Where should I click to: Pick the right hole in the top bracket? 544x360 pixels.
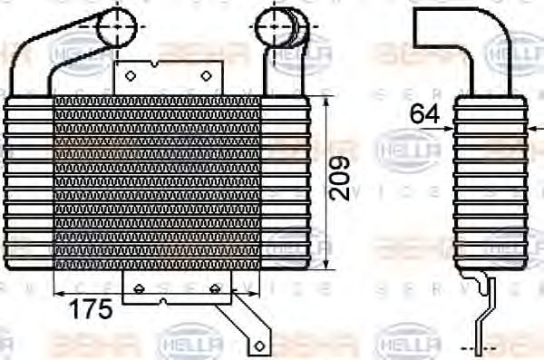coord(207,76)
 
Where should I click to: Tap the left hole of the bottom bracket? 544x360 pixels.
coord(139,288)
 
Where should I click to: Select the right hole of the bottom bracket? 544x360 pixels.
coord(215,288)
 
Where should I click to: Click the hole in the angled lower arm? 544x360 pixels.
coord(258,345)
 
